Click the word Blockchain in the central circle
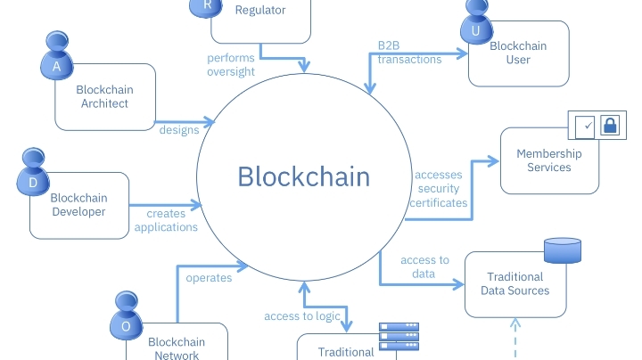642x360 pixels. (x=303, y=176)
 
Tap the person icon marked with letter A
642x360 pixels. (x=57, y=59)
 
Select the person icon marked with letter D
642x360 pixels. (x=33, y=175)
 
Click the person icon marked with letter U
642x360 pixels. (x=475, y=24)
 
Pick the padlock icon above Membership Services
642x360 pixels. (x=610, y=126)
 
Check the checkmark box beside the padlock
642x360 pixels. (x=585, y=126)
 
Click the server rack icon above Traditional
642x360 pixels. (x=399, y=336)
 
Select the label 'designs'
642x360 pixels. (x=179, y=130)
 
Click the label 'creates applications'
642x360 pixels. (x=172, y=220)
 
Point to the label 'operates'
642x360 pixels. (x=209, y=278)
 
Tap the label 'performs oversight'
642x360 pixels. (x=231, y=66)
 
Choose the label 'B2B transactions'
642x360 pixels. (x=409, y=53)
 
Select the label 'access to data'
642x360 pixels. (x=424, y=266)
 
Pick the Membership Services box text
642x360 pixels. (x=548, y=160)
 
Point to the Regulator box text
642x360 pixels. (x=260, y=11)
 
